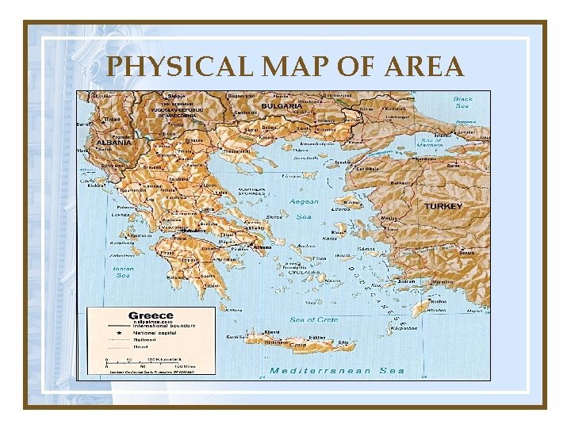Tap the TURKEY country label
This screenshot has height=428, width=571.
[x=443, y=206]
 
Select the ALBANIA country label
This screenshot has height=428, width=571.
[x=113, y=143]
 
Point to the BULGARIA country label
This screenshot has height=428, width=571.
[x=282, y=106]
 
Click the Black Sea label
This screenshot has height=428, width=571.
[x=462, y=103]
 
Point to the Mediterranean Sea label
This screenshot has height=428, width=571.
[x=337, y=370]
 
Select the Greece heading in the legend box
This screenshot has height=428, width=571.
[x=151, y=315]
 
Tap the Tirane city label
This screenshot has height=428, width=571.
[x=112, y=120]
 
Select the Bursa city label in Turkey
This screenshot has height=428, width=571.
[x=454, y=166]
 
